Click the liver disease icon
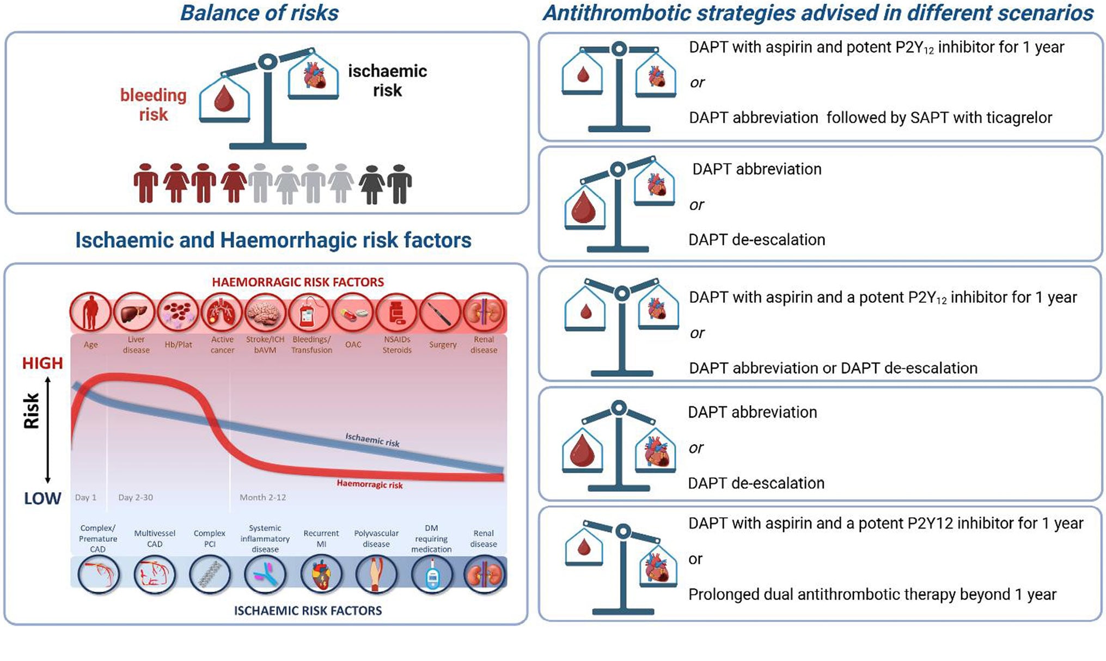tap(134, 313)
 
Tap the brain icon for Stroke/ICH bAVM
tap(265, 313)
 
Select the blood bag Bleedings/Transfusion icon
tap(309, 313)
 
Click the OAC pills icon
tap(352, 313)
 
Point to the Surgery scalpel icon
tap(441, 313)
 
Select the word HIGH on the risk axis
tap(42, 363)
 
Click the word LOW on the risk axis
tap(42, 498)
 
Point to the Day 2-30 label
tap(136, 497)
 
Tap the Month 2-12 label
tap(262, 497)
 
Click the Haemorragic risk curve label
tap(369, 484)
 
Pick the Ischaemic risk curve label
tap(372, 439)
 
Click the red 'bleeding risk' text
tap(153, 105)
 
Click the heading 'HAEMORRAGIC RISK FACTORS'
tap(298, 282)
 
